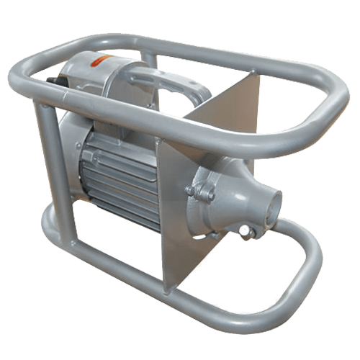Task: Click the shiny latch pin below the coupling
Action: pos(248,230)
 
